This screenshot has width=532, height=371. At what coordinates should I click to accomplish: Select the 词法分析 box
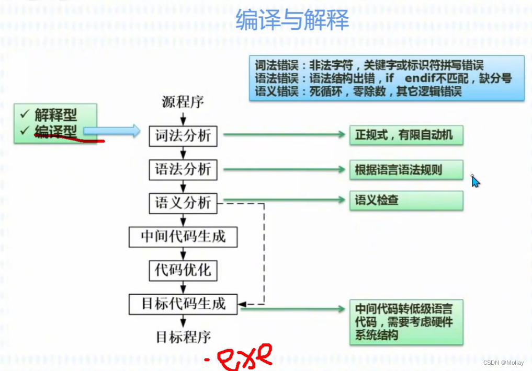click(183, 136)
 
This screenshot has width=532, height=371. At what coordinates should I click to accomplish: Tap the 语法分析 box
click(183, 169)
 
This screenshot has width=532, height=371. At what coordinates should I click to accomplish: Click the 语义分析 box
click(183, 203)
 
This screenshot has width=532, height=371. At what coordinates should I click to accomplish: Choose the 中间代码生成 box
click(183, 237)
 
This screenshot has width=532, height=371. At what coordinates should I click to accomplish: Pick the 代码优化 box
click(183, 270)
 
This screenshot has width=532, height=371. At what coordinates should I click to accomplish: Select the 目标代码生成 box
click(183, 304)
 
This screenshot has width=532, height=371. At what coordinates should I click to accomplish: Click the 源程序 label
click(183, 102)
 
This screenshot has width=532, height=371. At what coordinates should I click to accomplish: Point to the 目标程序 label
click(183, 337)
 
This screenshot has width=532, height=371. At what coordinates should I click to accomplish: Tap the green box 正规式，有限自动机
click(406, 135)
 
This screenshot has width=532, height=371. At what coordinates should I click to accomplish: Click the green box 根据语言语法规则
click(406, 170)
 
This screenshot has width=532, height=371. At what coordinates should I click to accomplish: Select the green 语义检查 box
click(406, 200)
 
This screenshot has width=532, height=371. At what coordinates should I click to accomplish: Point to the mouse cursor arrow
click(474, 181)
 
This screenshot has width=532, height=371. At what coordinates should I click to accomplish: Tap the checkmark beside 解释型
click(25, 113)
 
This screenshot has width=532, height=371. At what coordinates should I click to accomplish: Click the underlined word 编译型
click(55, 131)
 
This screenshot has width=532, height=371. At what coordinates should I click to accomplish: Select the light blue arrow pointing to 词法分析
click(112, 131)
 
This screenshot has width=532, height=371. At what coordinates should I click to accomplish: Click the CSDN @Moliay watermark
click(503, 363)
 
